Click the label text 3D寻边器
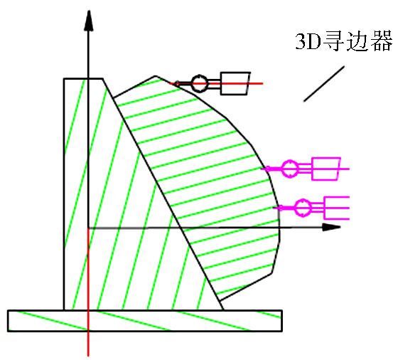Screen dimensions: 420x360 click(x=344, y=41)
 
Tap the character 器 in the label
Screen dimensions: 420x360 click(x=382, y=41)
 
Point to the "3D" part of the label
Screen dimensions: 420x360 click(x=308, y=41)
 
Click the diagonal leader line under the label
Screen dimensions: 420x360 click(x=324, y=84)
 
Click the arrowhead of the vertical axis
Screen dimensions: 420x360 click(x=88, y=21)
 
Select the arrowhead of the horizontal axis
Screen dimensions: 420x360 click(x=331, y=227)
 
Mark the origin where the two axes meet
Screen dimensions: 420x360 click(x=88, y=228)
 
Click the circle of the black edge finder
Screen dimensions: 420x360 click(x=200, y=83)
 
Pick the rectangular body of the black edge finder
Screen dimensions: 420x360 click(x=235, y=83)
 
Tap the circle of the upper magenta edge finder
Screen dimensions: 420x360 click(x=290, y=169)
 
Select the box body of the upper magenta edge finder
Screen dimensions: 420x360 click(x=326, y=169)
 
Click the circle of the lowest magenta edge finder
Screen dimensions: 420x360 click(x=303, y=208)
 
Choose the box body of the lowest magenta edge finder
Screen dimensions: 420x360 click(x=337, y=208)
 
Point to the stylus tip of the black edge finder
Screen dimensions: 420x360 click(x=177, y=83)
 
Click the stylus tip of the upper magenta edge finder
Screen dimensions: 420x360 click(x=267, y=169)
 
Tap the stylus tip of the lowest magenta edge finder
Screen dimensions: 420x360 click(x=281, y=208)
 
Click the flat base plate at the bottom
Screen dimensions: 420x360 click(x=145, y=321)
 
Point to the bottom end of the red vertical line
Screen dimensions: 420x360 click(x=88, y=356)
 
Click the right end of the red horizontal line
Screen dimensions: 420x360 click(x=262, y=83)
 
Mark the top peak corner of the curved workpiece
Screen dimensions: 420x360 click(x=155, y=76)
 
